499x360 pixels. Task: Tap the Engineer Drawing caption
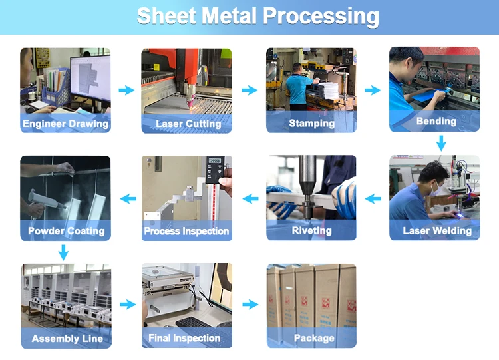pyautogui.click(x=65, y=124)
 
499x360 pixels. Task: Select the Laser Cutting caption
pyautogui.click(x=188, y=124)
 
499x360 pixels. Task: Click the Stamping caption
pyautogui.click(x=311, y=124)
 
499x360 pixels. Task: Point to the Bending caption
pyautogui.click(x=436, y=121)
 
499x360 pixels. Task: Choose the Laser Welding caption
pyautogui.click(x=436, y=231)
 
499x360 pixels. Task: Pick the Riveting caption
pyautogui.click(x=311, y=231)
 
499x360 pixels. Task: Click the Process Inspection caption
pyautogui.click(x=186, y=232)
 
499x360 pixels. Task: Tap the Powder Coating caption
pyautogui.click(x=66, y=231)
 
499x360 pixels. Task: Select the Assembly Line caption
pyautogui.click(x=67, y=339)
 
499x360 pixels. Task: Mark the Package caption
pyautogui.click(x=313, y=339)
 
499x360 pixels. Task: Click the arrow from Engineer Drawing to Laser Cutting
pyautogui.click(x=126, y=90)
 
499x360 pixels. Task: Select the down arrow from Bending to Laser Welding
pyautogui.click(x=440, y=143)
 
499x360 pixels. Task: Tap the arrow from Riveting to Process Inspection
pyautogui.click(x=250, y=198)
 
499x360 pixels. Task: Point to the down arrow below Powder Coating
pyautogui.click(x=63, y=252)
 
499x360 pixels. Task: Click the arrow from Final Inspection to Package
pyautogui.click(x=249, y=305)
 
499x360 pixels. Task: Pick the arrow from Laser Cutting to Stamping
pyautogui.click(x=249, y=90)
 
